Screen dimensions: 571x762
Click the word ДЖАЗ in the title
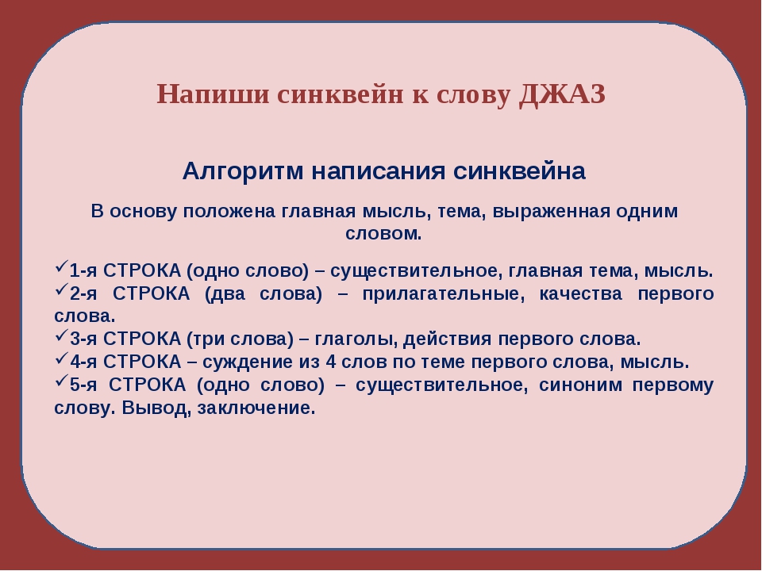(x=562, y=94)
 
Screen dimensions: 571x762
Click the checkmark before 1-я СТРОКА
(x=61, y=269)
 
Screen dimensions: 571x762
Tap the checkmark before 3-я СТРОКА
(x=61, y=339)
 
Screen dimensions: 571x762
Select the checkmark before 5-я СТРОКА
(x=61, y=385)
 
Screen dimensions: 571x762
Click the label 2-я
(x=83, y=293)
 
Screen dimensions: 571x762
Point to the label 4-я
(x=83, y=362)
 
